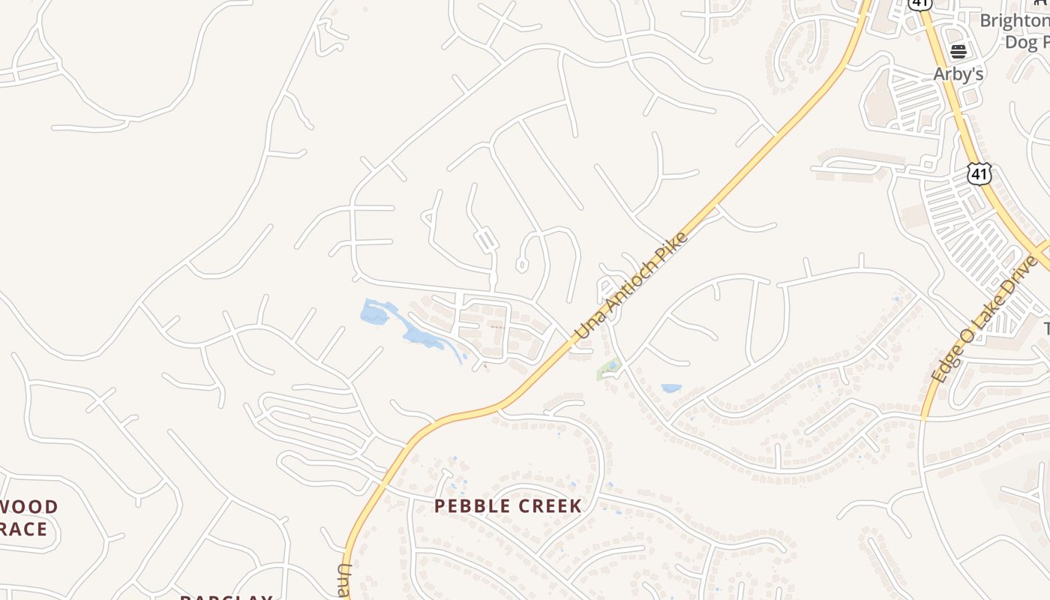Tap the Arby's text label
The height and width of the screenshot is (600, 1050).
click(958, 74)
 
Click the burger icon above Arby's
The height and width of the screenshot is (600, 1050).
click(958, 52)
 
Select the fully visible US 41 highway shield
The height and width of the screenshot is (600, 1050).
click(979, 174)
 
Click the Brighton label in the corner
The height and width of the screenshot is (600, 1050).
click(1014, 21)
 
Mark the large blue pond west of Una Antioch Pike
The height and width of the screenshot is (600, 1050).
click(375, 313)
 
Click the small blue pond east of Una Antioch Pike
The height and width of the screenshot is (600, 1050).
click(671, 388)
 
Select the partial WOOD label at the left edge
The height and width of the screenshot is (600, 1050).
click(30, 507)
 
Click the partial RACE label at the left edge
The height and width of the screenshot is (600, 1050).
click(24, 529)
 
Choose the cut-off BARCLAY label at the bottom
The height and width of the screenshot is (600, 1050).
click(226, 597)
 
